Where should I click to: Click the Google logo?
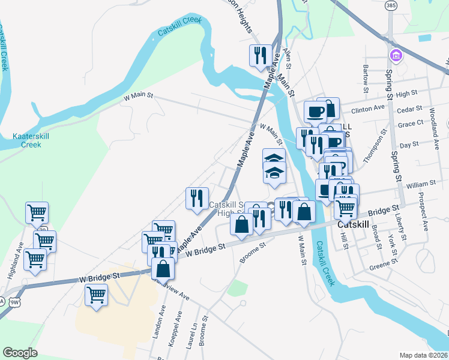click(20, 353)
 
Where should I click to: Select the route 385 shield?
click(391, 5)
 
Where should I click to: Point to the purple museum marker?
click(396, 56)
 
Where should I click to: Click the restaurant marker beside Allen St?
click(261, 56)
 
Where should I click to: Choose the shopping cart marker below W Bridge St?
click(96, 295)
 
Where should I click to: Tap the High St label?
click(406, 94)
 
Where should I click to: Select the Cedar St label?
click(410, 109)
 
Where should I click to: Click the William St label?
click(420, 184)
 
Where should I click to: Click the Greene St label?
click(382, 266)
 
